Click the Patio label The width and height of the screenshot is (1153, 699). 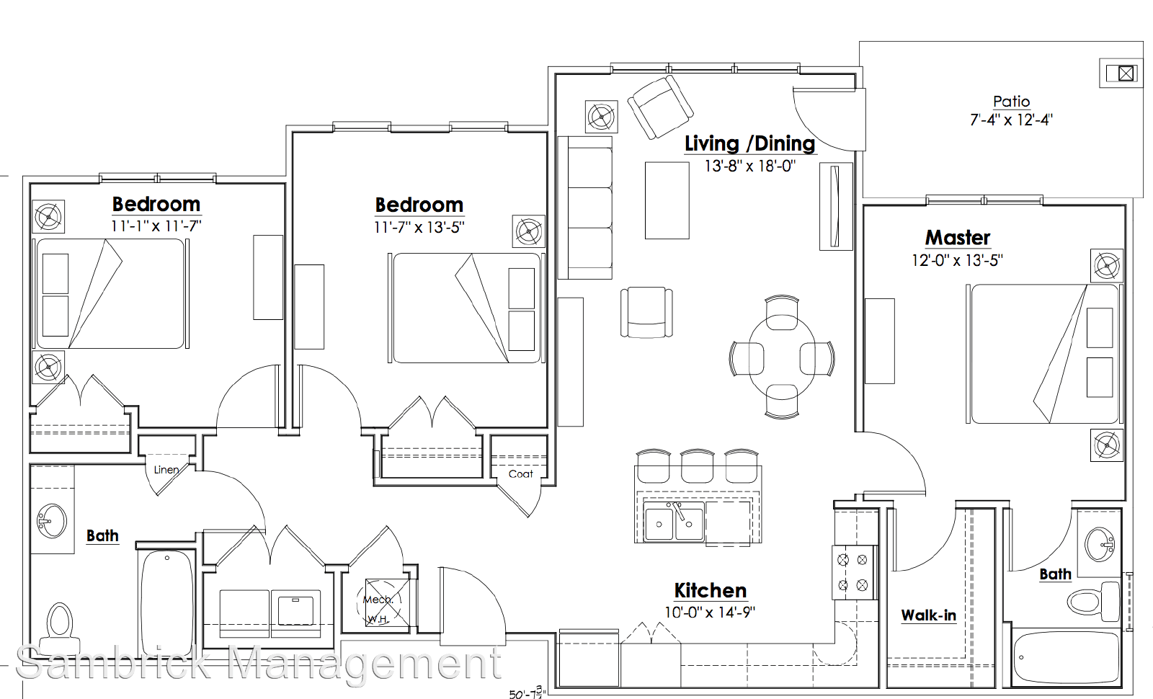coord(1011,102)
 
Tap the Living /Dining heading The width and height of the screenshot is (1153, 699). coord(749,143)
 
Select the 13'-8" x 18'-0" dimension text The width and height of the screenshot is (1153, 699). coord(749,166)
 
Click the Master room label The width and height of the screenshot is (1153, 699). coord(958,238)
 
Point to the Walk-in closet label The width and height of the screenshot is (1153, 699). coord(928,615)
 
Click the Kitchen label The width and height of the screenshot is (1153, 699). coord(710,590)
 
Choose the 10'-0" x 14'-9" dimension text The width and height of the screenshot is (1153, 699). coord(709,613)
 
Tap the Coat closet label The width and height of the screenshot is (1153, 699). coord(520,474)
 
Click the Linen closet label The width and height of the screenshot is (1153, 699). coord(166,469)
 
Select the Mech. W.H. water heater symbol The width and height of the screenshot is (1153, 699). coord(387,602)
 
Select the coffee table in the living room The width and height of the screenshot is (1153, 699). coord(667,201)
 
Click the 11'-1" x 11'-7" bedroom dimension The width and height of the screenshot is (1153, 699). coord(156,226)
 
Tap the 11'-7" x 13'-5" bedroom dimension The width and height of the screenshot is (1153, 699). coord(419,227)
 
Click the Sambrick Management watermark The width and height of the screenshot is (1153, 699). coord(259,664)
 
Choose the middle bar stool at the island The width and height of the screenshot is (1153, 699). coord(697,466)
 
